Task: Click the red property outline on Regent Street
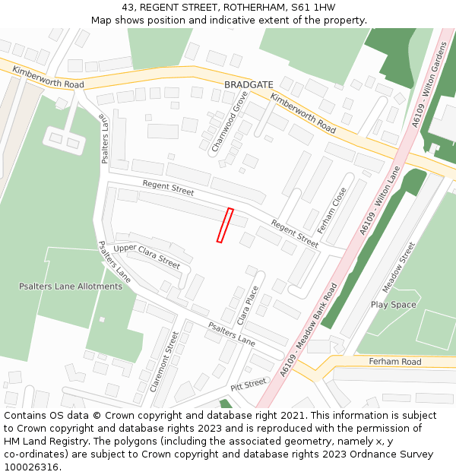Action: click(x=225, y=225)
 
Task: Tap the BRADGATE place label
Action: click(x=248, y=84)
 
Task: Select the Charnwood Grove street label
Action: click(x=230, y=122)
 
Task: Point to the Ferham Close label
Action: click(x=332, y=210)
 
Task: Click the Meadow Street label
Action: click(x=399, y=268)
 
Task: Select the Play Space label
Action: click(x=393, y=305)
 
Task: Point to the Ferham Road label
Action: click(x=394, y=362)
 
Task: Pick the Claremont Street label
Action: click(x=164, y=361)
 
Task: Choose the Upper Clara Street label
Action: click(x=147, y=257)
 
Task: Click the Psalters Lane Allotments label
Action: click(x=70, y=287)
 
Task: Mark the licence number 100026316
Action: click(x=31, y=467)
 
